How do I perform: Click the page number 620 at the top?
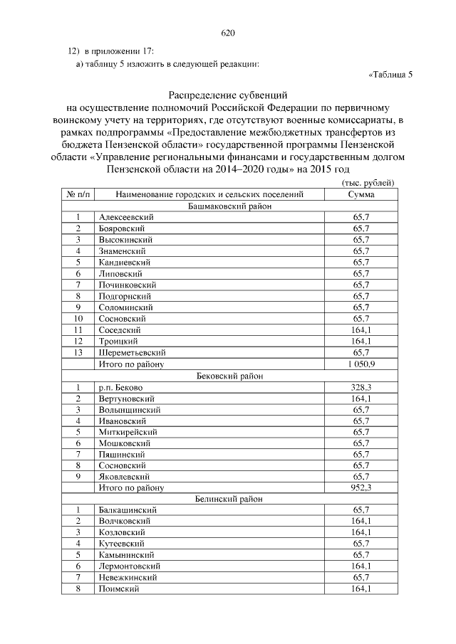[228, 33]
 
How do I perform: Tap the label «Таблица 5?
[391, 75]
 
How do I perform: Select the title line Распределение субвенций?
[228, 94]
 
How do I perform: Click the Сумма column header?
[361, 194]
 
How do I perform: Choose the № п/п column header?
[77, 194]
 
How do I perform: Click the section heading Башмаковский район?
[229, 205]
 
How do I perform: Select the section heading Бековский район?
[229, 376]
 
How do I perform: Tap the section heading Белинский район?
[229, 499]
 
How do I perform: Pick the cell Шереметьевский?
[133, 352]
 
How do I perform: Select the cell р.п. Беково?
[121, 387]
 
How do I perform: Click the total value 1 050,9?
[361, 364]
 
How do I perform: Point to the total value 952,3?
[361, 487]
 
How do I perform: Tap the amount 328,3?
[361, 387]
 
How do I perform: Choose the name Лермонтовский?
[130, 566]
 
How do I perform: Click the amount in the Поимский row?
[361, 588]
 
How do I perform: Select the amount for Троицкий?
[361, 341]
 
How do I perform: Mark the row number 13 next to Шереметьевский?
[78, 352]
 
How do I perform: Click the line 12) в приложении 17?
[110, 51]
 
